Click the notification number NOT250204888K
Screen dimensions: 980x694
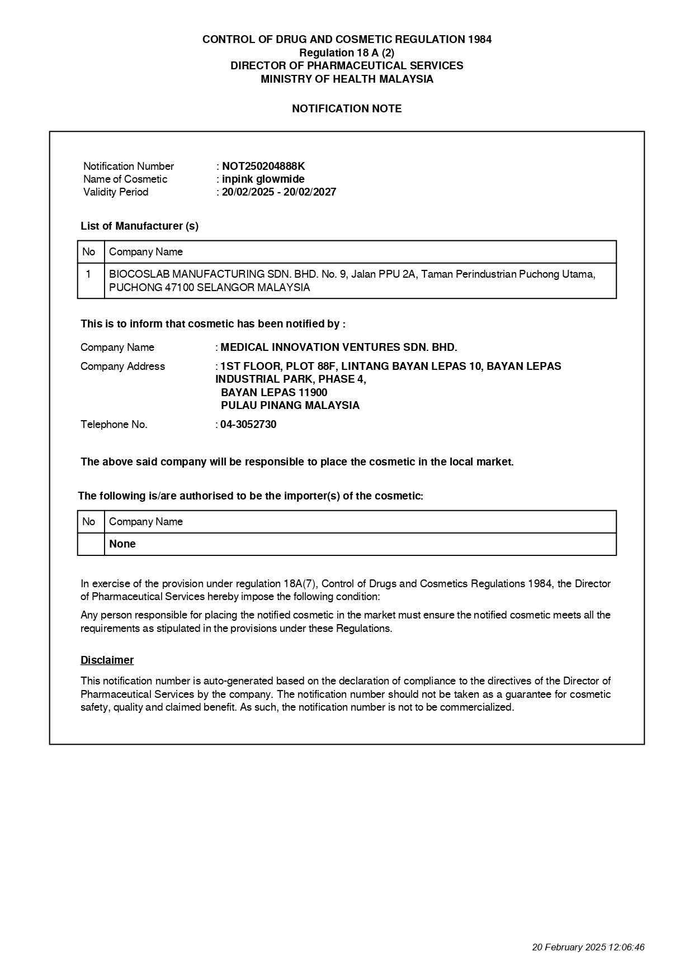click(x=263, y=166)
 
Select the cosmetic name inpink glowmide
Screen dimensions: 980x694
click(x=263, y=179)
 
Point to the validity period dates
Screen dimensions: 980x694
click(x=278, y=192)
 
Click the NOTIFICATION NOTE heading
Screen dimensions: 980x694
click(x=347, y=108)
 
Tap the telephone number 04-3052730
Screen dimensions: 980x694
click(x=248, y=424)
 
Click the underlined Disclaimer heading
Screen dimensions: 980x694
click(x=107, y=660)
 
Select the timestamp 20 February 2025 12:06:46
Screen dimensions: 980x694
click(x=588, y=947)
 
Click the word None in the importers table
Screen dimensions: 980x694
click(x=122, y=544)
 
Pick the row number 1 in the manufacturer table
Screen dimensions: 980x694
click(x=88, y=274)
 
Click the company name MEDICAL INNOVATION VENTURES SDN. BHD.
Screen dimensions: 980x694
click(x=339, y=347)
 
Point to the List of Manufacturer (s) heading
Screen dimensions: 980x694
click(x=139, y=226)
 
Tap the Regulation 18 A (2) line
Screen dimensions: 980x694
click(x=347, y=53)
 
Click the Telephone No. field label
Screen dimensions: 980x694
click(x=114, y=424)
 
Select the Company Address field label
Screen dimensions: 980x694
click(x=122, y=366)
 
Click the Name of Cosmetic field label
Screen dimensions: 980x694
click(x=125, y=179)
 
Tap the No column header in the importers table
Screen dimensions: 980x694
click(x=88, y=521)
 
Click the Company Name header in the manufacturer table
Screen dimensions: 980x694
click(x=146, y=251)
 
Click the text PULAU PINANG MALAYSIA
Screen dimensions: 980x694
click(x=290, y=405)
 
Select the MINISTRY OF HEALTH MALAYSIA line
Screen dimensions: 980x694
click(x=347, y=79)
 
